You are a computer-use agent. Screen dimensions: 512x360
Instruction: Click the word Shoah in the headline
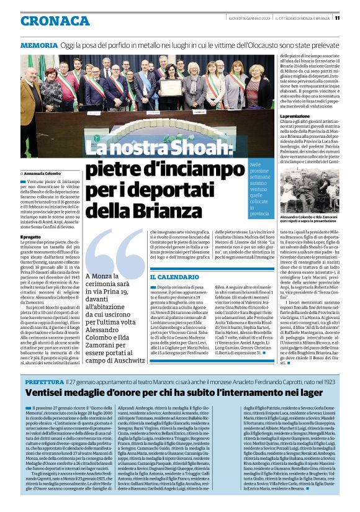pos(195,148)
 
